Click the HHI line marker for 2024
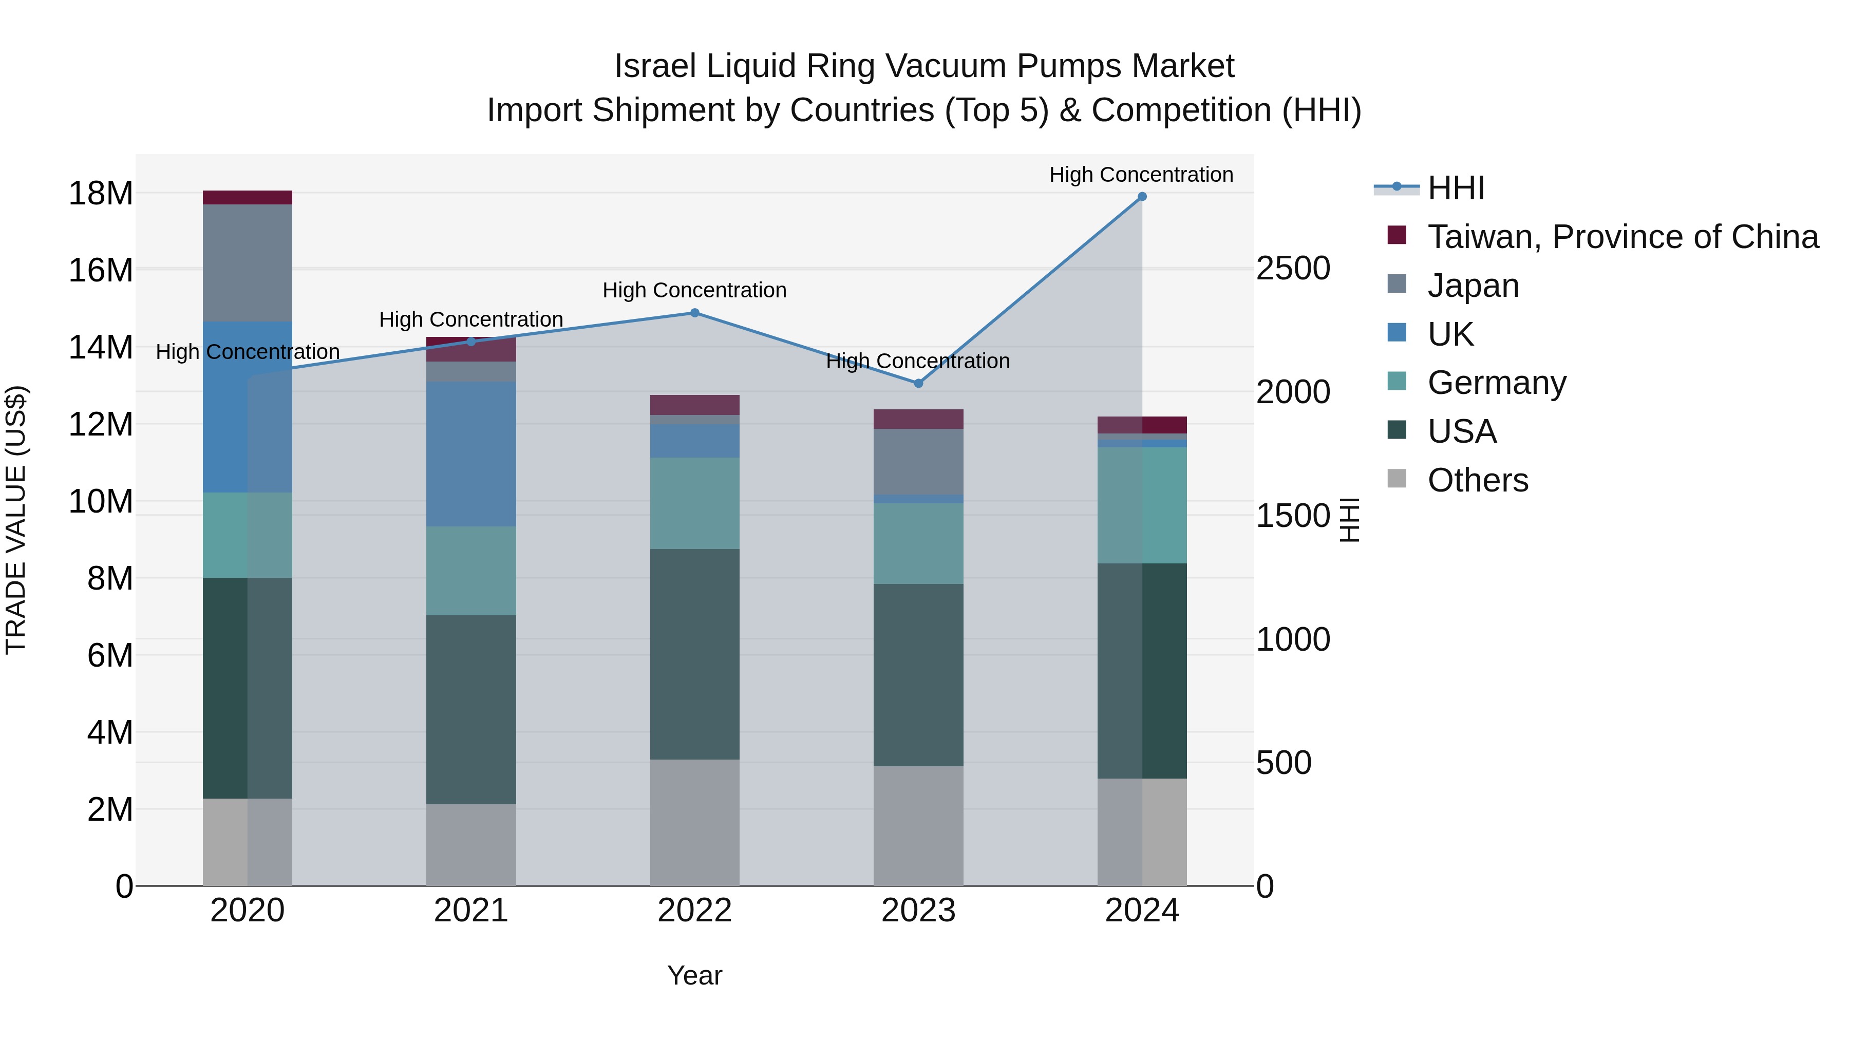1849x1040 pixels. [1141, 197]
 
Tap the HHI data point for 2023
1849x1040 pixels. [918, 383]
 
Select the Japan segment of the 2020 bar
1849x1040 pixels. [247, 262]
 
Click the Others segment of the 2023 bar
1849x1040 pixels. [918, 825]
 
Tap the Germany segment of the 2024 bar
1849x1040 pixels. [1141, 505]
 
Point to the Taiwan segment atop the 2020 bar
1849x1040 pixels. [247, 197]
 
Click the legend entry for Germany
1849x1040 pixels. [1497, 383]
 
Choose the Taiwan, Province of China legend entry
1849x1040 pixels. [1622, 237]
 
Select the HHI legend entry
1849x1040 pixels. [1456, 188]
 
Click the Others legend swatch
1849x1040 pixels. [1397, 478]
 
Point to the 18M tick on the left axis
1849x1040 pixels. [101, 194]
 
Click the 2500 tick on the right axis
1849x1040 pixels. [1293, 269]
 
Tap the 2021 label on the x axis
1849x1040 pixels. [471, 911]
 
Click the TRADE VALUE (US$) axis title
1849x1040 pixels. [16, 520]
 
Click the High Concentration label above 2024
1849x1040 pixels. [1141, 175]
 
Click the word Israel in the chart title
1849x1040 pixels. [655, 67]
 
